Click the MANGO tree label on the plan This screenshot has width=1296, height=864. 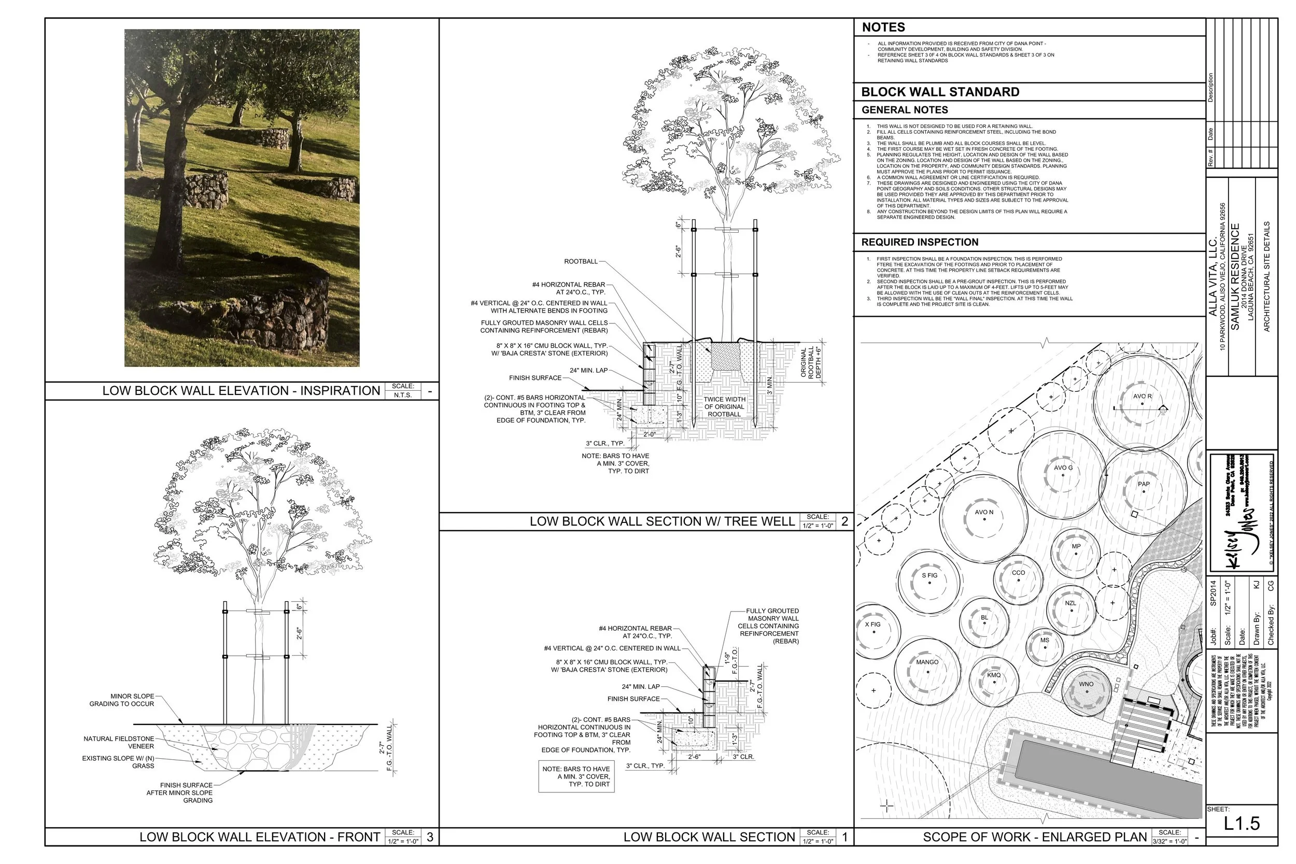(927, 662)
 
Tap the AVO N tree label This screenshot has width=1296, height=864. (983, 512)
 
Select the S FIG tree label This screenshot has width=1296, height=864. (929, 575)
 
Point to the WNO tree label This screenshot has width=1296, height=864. (1086, 684)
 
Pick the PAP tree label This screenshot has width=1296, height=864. (1144, 484)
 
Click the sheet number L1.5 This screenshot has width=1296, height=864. (1242, 823)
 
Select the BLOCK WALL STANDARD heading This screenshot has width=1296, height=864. (940, 92)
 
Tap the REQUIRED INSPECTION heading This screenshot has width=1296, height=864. (920, 242)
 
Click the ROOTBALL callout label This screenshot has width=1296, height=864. (580, 261)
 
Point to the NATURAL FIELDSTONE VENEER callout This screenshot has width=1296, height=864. (119, 742)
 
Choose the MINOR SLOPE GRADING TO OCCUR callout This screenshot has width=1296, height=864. (121, 700)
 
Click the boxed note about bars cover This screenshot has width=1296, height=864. (576, 776)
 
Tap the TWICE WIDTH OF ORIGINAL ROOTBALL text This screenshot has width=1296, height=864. (724, 407)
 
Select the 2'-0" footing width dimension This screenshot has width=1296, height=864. (650, 434)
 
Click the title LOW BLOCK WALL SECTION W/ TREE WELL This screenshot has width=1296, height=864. (662, 521)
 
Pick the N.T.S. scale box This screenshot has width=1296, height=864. (402, 395)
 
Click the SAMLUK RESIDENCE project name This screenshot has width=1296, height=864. (1235, 277)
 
